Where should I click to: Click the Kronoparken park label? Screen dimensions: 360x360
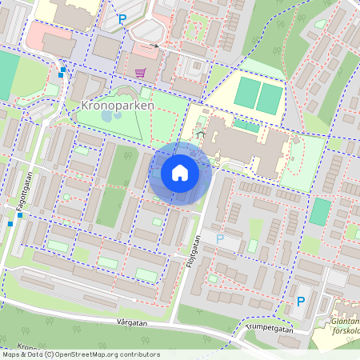tap(118, 105)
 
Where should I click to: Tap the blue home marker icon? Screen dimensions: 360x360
tap(180, 173)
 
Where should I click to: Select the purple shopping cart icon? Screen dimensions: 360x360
tap(141, 73)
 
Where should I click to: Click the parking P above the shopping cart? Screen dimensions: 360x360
tap(122, 18)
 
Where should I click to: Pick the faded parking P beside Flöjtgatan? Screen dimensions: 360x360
tap(220, 238)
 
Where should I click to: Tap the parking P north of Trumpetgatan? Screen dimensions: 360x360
tap(301, 302)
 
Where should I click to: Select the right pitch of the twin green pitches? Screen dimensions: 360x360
tap(270, 98)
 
